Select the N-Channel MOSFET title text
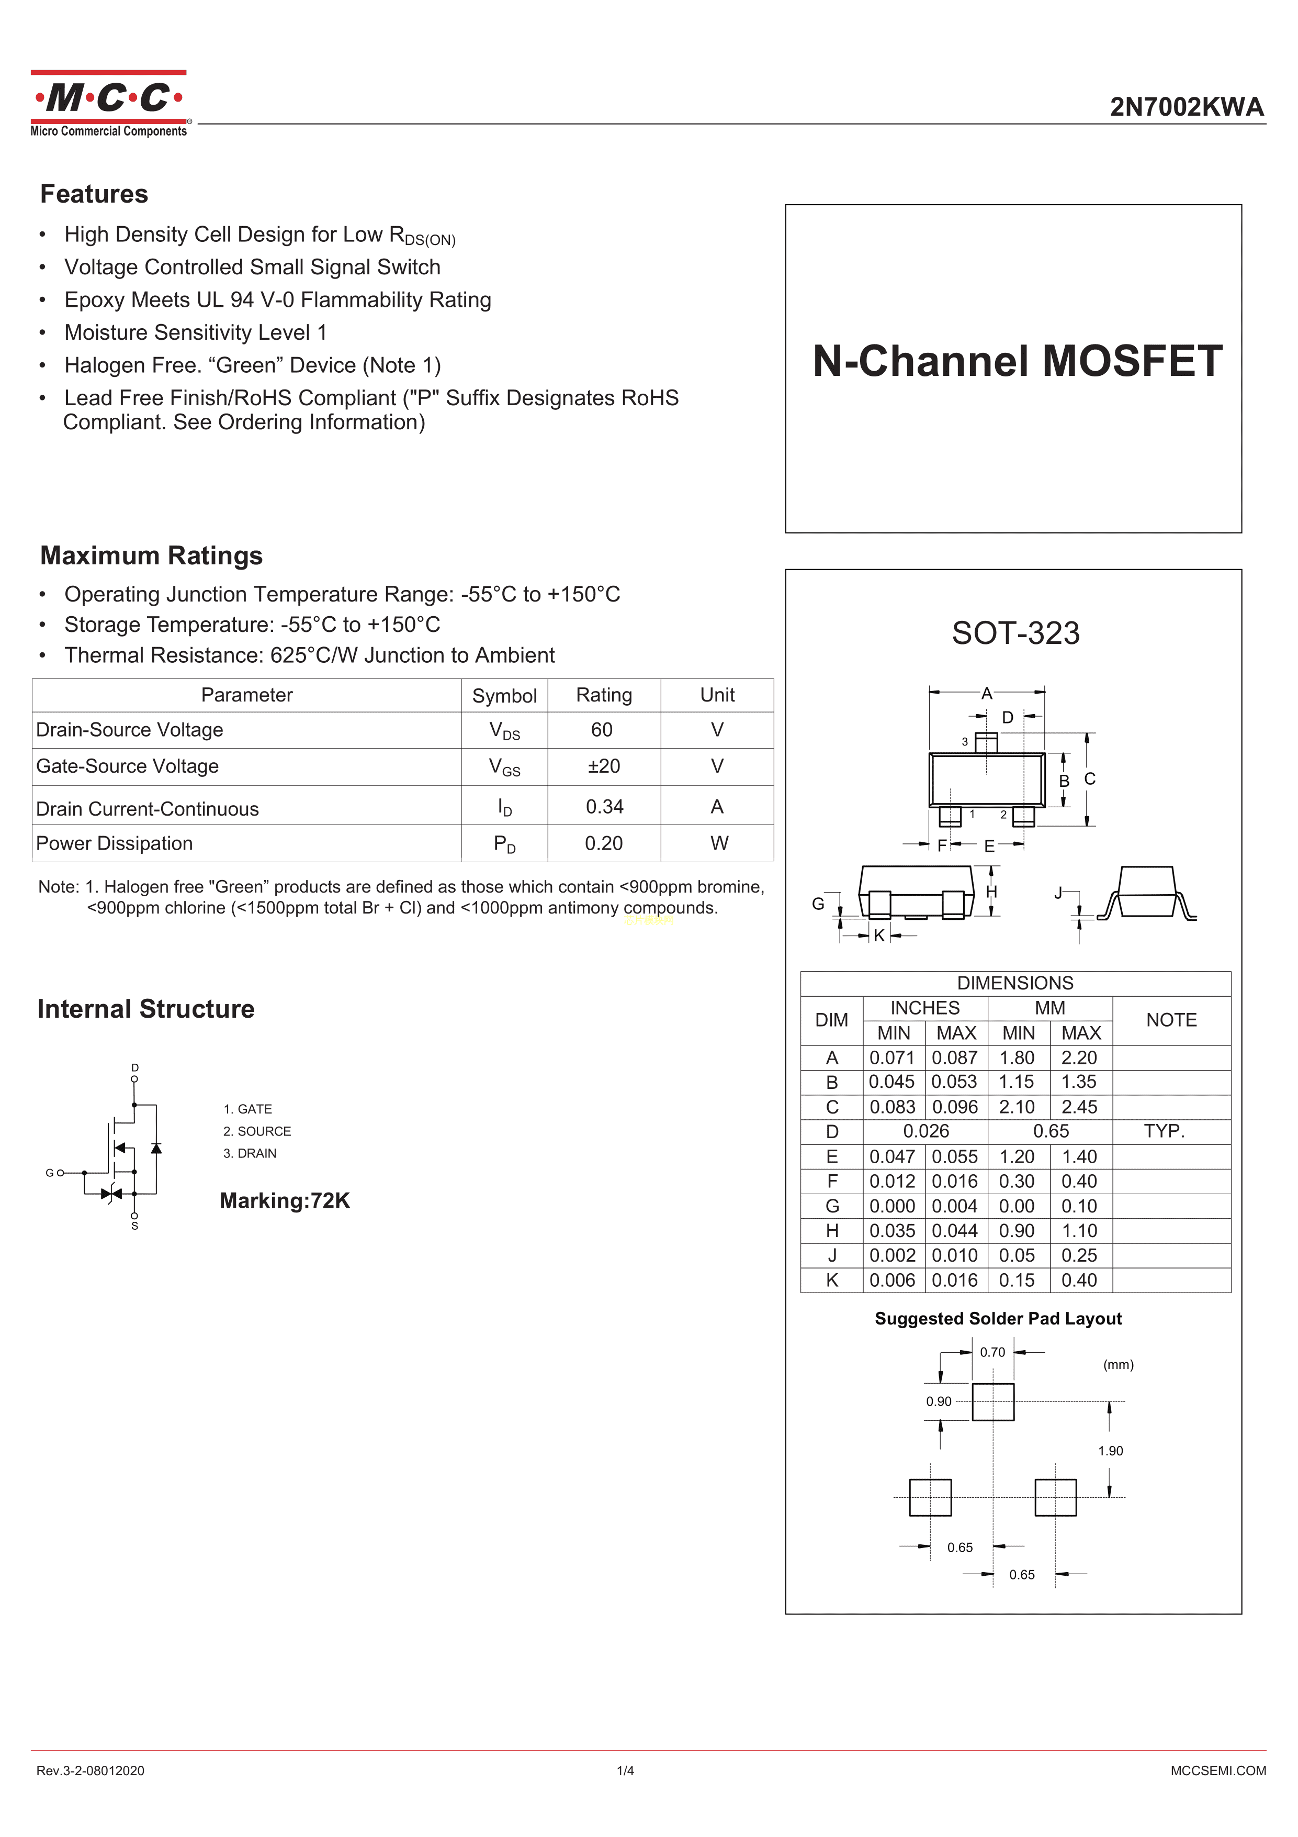[1017, 361]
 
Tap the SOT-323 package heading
[1015, 633]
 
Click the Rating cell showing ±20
[604, 766]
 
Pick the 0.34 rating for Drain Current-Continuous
[604, 807]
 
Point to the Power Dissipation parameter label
[115, 843]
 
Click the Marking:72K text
[285, 1200]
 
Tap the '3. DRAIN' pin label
[250, 1153]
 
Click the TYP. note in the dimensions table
[1164, 1131]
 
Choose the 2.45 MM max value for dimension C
[1079, 1107]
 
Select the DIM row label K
[832, 1280]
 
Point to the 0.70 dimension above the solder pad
[992, 1352]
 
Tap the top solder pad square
[992, 1402]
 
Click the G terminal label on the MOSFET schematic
[50, 1173]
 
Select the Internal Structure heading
[145, 1009]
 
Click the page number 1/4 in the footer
[625, 1771]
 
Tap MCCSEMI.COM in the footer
[1217, 1771]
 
